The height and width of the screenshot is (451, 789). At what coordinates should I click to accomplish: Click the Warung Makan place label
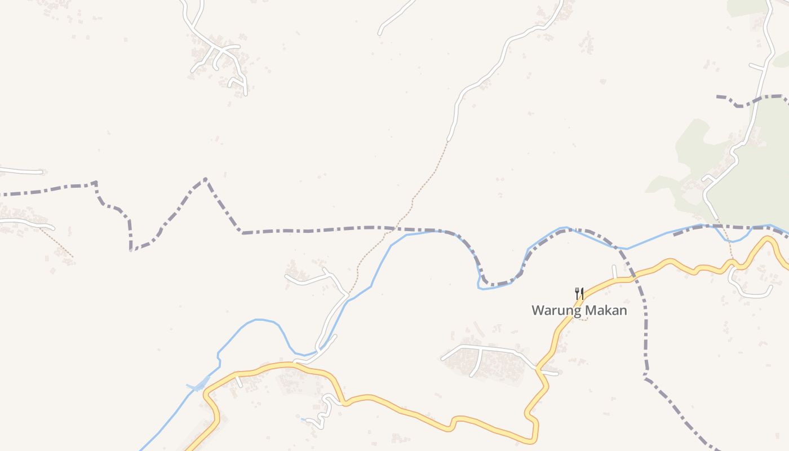579,310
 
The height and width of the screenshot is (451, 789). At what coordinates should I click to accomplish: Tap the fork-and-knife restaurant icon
579,293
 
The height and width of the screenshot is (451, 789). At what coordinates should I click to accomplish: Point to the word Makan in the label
606,310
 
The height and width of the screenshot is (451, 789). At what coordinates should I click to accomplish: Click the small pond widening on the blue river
198,387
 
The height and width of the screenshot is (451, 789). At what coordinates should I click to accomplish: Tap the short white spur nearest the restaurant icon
614,272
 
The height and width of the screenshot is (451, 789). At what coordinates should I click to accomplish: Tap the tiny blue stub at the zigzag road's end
304,419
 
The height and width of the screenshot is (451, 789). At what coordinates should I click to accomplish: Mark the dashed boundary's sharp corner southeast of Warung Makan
646,376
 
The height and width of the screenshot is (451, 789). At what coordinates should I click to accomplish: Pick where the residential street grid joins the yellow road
539,369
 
